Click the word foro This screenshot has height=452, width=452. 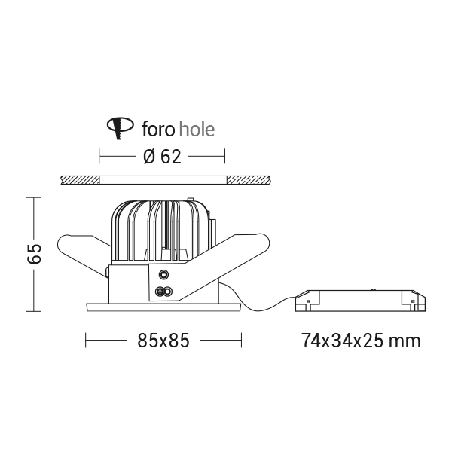158,130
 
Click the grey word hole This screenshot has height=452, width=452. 197,129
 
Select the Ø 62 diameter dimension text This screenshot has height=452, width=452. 162,157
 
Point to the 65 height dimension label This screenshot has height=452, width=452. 35,254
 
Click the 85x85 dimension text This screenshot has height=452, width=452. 163,341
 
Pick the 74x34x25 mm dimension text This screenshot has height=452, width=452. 361,341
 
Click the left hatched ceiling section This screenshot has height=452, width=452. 80,180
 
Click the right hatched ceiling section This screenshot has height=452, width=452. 249,180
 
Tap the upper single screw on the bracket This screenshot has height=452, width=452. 163,274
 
